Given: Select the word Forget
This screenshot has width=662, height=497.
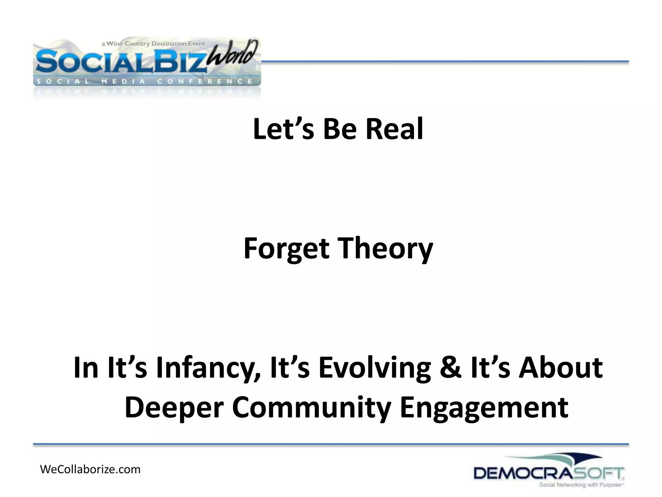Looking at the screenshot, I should [x=286, y=248].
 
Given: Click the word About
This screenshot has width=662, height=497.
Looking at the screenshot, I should [x=561, y=368].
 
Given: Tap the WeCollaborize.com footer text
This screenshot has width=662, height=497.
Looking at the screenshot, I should [x=90, y=469].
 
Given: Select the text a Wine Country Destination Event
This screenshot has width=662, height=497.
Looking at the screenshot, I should [x=153, y=44].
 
